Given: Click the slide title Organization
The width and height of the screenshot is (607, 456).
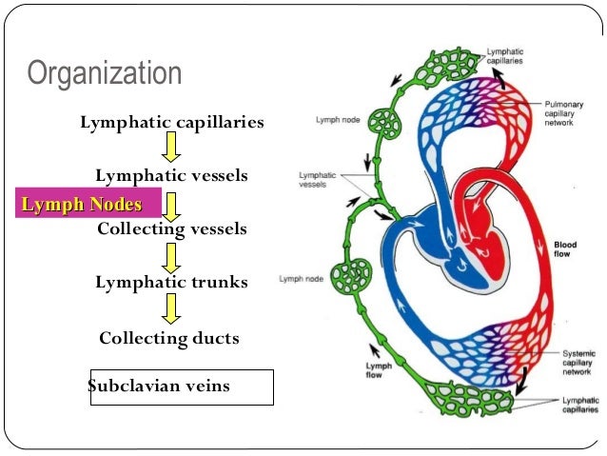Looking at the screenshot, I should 103,73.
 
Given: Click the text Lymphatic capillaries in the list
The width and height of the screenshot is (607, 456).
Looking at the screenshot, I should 172,123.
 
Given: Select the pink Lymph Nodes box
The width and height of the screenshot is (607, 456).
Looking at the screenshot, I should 81,204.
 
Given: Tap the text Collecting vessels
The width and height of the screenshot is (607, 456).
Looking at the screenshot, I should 172,229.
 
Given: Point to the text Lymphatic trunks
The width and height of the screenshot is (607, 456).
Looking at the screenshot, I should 171,283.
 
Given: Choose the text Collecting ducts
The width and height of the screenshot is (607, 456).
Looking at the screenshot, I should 169,338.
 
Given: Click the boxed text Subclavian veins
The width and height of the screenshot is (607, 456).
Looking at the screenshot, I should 159,387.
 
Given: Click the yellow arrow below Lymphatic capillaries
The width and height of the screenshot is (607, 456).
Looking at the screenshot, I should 171,148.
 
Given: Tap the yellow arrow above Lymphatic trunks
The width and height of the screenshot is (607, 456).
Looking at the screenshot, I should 171,256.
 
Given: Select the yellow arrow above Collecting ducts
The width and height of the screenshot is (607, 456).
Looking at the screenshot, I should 171,309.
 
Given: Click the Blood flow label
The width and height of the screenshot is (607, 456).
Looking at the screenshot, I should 564,250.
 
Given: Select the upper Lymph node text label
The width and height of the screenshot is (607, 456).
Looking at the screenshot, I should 337,120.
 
